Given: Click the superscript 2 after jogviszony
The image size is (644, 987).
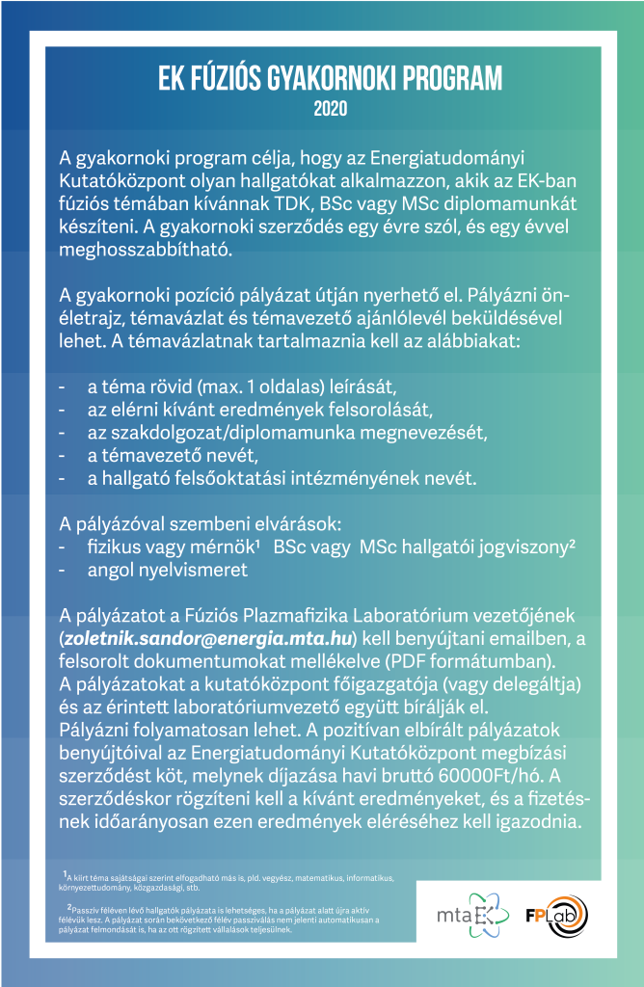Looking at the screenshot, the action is tap(573, 543).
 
